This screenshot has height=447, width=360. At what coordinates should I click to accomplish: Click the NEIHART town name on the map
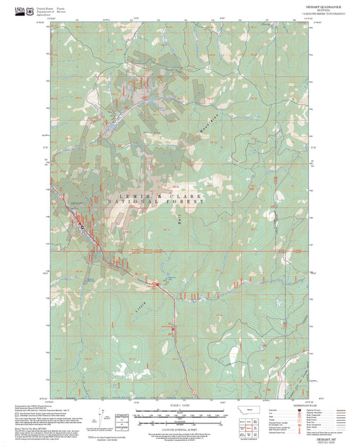76,201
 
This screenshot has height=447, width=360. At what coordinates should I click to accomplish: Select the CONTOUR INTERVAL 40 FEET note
180,422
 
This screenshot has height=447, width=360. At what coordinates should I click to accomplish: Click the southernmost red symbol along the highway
173,329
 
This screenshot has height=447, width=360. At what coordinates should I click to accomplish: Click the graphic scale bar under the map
180,413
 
